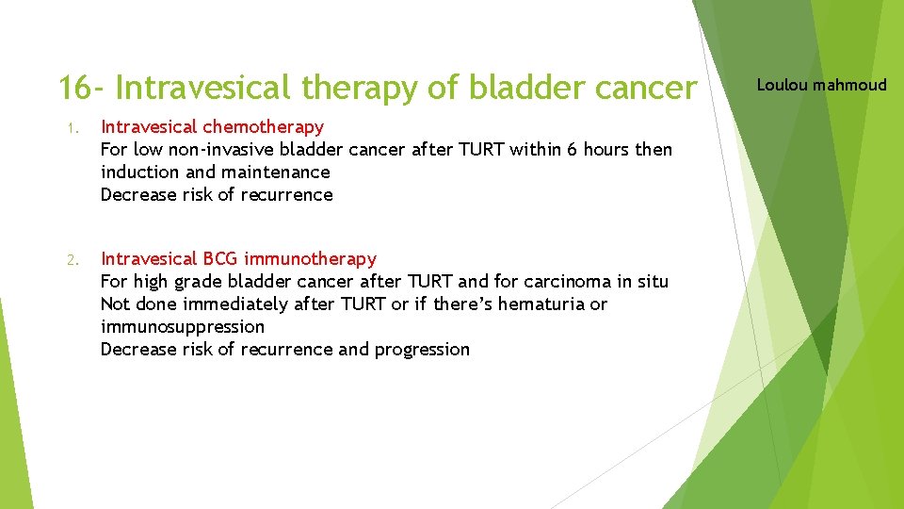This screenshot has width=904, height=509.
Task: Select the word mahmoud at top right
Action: coord(850,85)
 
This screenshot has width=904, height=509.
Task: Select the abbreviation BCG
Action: coord(220,258)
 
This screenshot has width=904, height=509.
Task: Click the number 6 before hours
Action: coord(572,149)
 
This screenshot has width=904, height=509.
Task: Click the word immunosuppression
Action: coord(183,326)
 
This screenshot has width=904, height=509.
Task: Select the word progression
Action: coord(422,350)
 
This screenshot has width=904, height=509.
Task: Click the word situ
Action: coord(651,281)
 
